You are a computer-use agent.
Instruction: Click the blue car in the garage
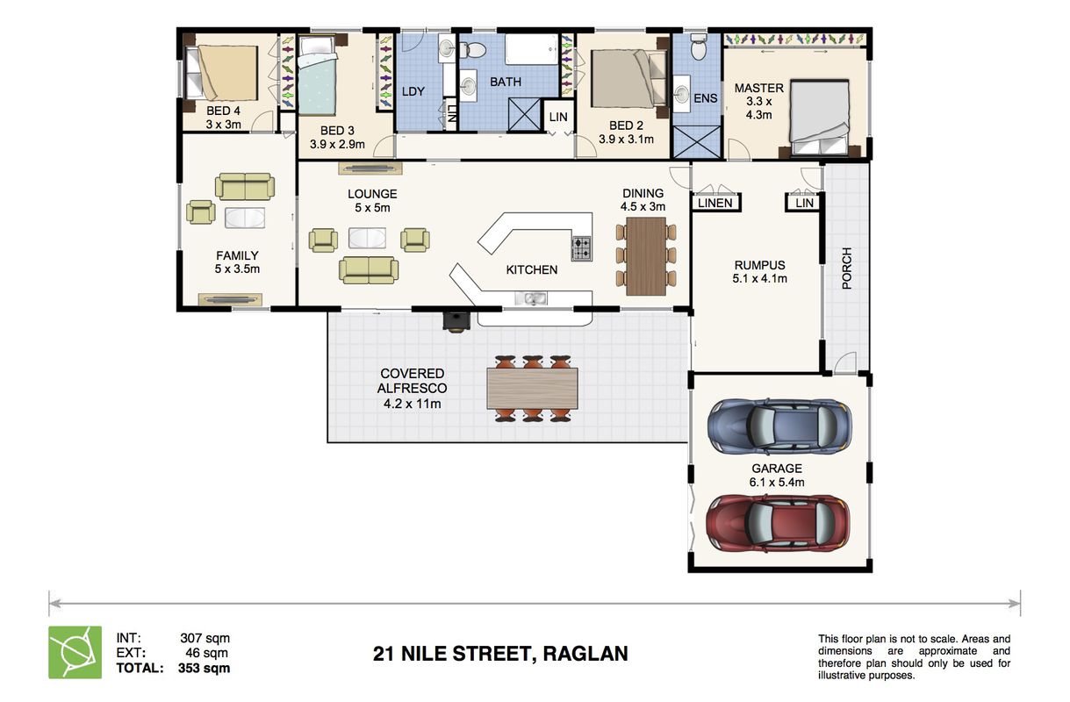coord(779,426)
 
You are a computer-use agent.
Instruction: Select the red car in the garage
coord(778,522)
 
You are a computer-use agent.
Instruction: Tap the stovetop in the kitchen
coord(582,248)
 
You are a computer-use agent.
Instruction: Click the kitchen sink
coord(531,299)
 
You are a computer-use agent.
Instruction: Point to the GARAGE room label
coord(777,469)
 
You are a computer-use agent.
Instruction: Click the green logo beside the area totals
coord(75,652)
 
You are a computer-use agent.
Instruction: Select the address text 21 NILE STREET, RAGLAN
coord(500,654)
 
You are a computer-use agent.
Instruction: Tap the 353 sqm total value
coord(204,668)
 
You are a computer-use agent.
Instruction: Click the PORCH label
coord(846,269)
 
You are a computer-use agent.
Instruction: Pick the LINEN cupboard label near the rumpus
coord(715,203)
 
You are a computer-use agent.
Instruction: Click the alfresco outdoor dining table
coord(532,388)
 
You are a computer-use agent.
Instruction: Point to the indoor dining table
coord(646,256)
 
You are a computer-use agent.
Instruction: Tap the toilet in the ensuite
coord(699,47)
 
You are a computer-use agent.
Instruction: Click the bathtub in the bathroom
coord(532,49)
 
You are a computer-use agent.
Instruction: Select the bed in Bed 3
coord(317,75)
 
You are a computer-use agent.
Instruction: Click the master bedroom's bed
coord(820,117)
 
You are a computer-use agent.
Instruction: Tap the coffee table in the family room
coord(245,218)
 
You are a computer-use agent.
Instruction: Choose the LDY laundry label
coord(413,91)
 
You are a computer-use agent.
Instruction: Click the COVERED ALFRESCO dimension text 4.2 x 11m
coord(412,404)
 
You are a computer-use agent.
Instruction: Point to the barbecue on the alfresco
coord(456,322)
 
